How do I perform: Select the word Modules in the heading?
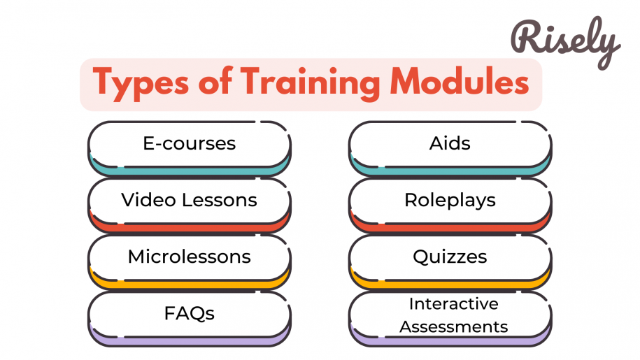pyautogui.click(x=459, y=83)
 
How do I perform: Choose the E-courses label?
pyautogui.click(x=190, y=144)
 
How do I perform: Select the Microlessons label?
pyautogui.click(x=189, y=257)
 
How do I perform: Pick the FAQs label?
pyautogui.click(x=190, y=313)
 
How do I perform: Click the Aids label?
pyautogui.click(x=450, y=144)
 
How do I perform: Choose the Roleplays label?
pyautogui.click(x=450, y=200)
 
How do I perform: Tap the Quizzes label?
pyautogui.click(x=450, y=257)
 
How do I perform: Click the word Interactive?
pyautogui.click(x=453, y=304)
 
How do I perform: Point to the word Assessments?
pyautogui.click(x=453, y=326)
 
